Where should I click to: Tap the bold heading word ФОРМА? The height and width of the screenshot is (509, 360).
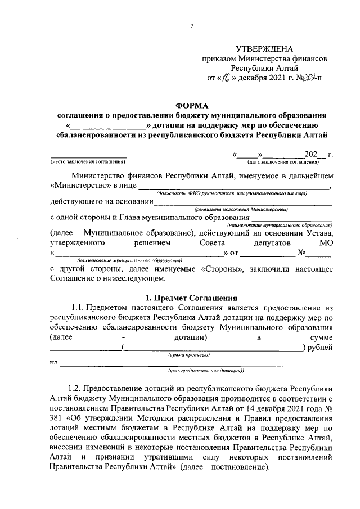click(191, 105)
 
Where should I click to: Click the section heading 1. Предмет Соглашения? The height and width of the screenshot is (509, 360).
click(191, 297)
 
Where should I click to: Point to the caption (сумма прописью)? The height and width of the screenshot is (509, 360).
click(189, 355)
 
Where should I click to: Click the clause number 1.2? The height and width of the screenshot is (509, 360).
click(75, 389)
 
